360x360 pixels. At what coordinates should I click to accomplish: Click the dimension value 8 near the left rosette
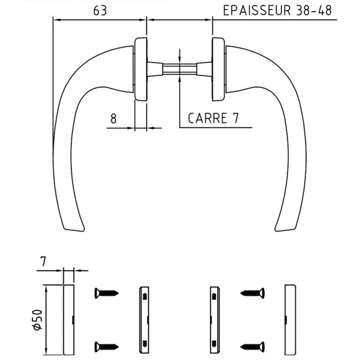pos(113,118)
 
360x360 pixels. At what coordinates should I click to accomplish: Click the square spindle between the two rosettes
pos(179,69)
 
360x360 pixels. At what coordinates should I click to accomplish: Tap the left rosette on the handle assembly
pos(141,69)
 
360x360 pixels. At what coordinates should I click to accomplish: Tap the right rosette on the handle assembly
pos(218,69)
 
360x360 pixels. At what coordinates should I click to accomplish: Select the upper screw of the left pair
pos(105,292)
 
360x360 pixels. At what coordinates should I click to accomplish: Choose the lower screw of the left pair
pos(105,346)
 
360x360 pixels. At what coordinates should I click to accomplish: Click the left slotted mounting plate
pos(144,320)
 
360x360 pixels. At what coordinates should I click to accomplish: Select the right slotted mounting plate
pos(215,320)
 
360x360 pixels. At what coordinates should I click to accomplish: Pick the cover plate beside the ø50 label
pos(69,320)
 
